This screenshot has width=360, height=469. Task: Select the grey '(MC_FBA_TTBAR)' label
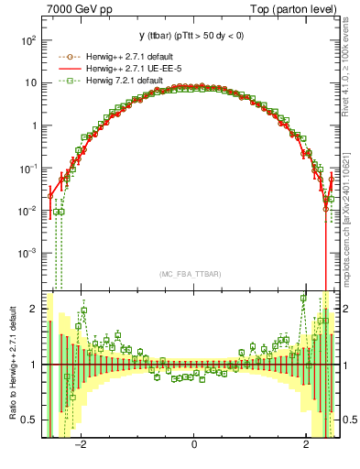click(x=193, y=274)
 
